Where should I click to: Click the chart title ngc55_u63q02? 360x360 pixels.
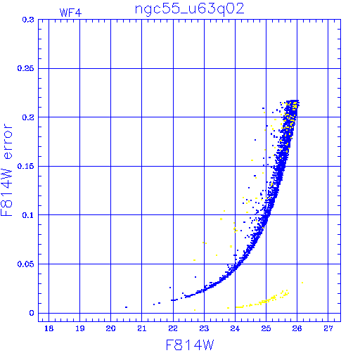(x=190, y=10)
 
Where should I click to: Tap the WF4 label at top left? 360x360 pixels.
(x=70, y=13)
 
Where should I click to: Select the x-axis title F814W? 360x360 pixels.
(x=190, y=345)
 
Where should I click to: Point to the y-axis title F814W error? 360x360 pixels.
(x=6, y=170)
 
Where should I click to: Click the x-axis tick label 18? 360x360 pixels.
(x=49, y=328)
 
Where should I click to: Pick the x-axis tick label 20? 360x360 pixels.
(x=110, y=328)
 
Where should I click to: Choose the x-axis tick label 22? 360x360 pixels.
(x=173, y=328)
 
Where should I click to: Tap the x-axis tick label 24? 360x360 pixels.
(x=235, y=328)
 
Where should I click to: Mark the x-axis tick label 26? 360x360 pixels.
(x=297, y=328)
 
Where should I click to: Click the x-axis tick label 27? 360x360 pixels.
(x=328, y=328)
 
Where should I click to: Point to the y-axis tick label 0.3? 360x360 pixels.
(x=28, y=20)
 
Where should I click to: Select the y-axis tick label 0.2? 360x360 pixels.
(x=28, y=117)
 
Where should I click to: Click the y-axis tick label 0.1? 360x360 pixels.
(x=28, y=215)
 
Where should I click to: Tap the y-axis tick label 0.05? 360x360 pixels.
(x=25, y=264)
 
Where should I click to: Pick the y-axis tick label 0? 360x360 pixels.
(x=32, y=313)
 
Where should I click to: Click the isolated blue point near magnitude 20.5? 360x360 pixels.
(x=126, y=307)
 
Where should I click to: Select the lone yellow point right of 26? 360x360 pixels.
(x=302, y=283)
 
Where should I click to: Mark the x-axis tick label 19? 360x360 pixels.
(x=79, y=328)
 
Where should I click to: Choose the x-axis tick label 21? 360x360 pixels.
(x=142, y=328)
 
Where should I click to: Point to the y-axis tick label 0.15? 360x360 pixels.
(x=25, y=166)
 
